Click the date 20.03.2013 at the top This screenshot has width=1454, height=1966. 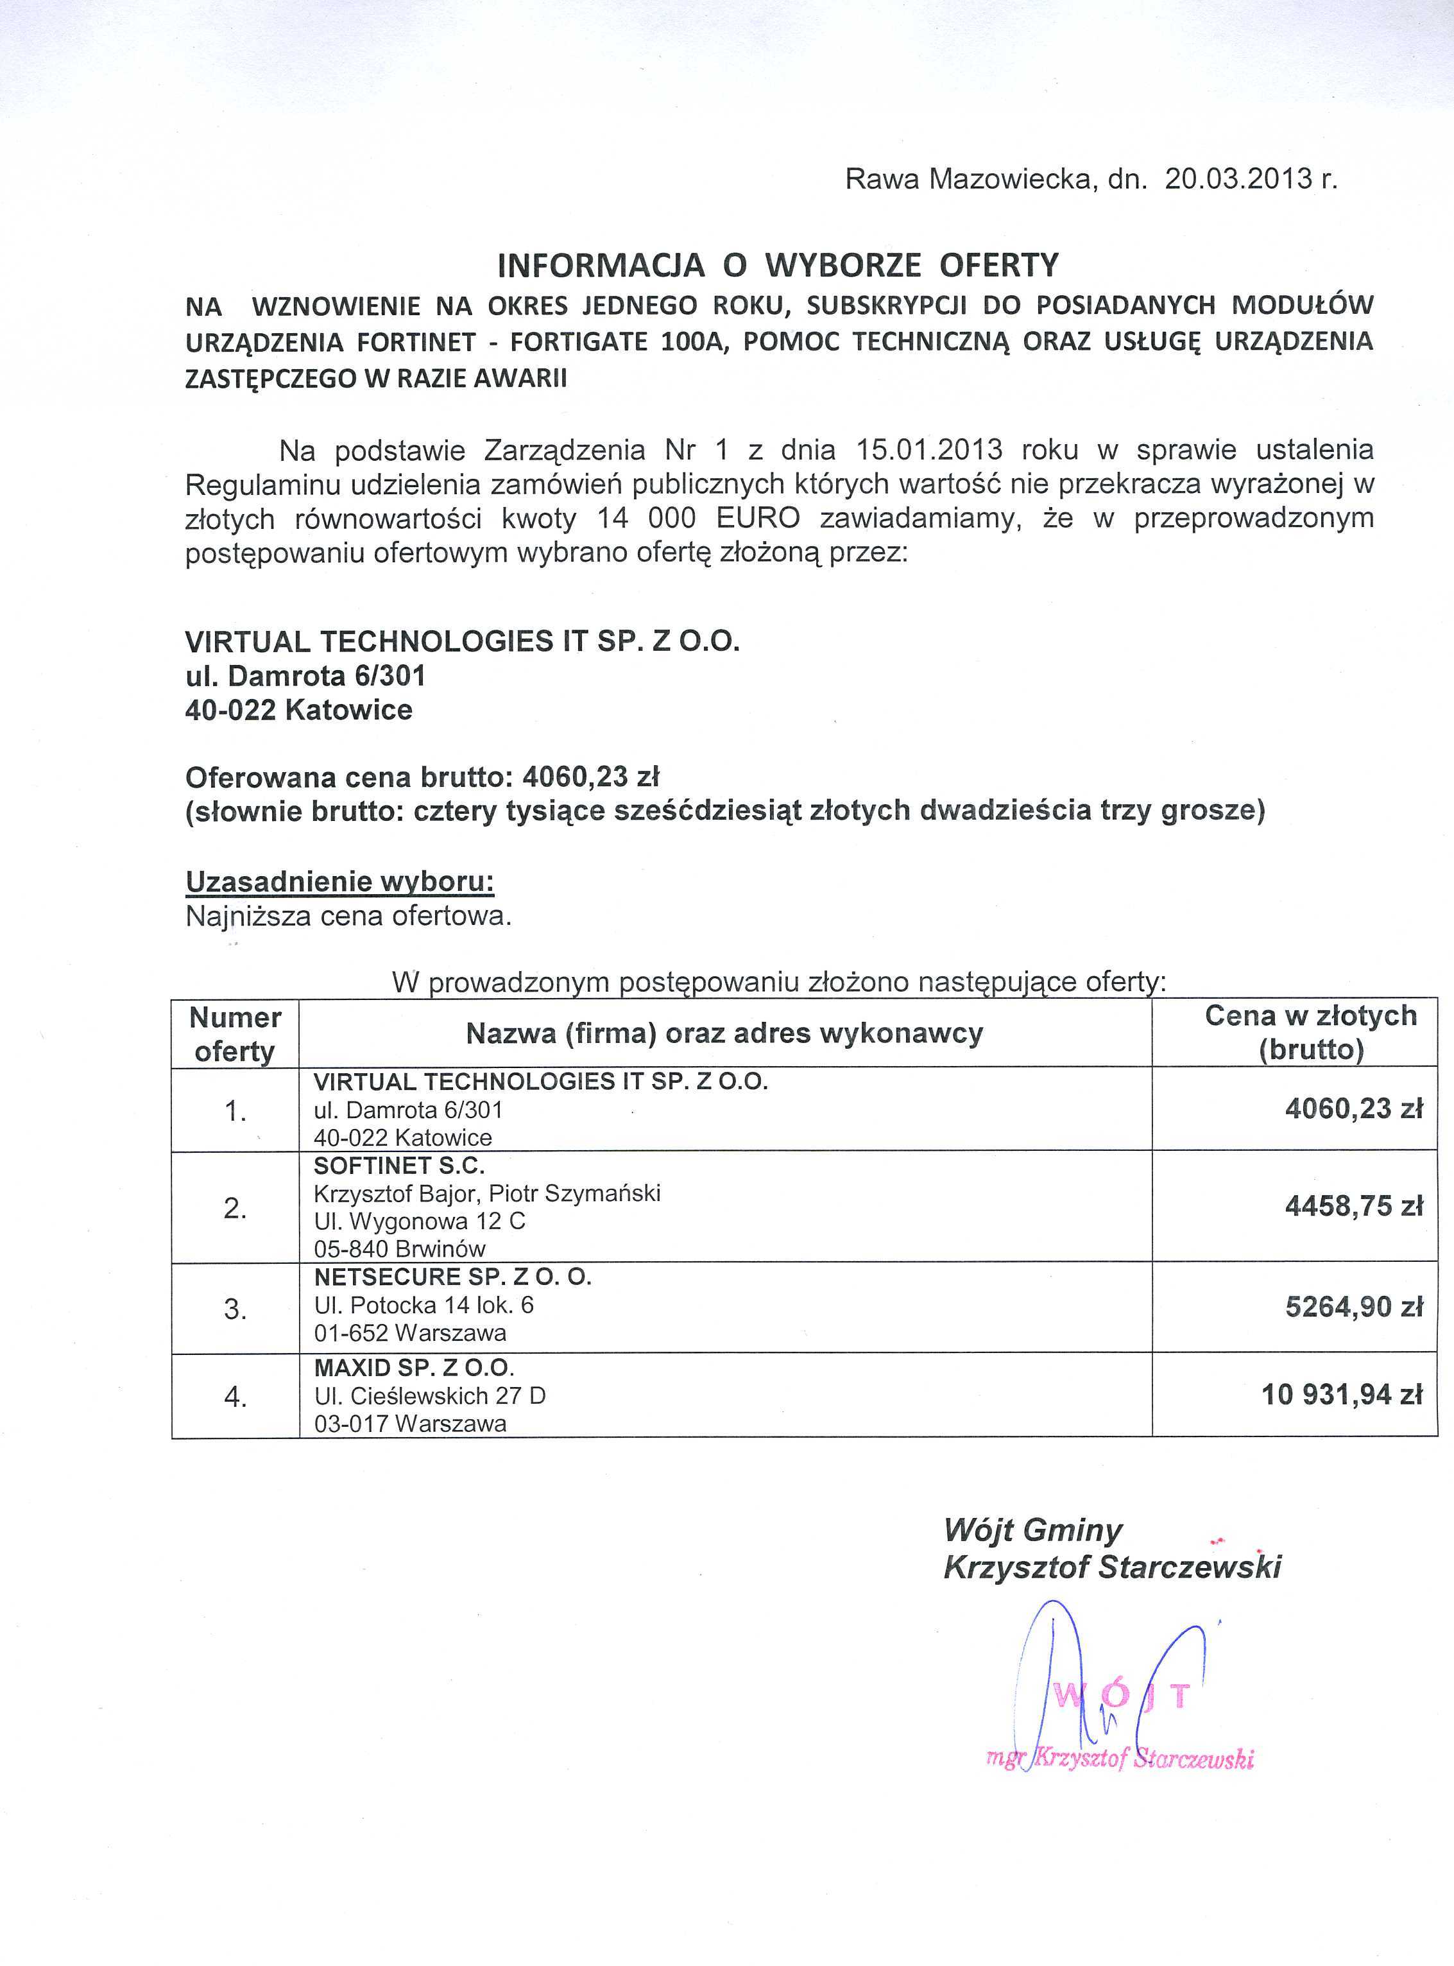click(1238, 180)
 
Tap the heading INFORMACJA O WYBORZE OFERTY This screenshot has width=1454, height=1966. click(778, 265)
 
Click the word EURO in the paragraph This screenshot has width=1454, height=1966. click(758, 519)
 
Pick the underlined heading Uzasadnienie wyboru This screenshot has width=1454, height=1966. click(339, 881)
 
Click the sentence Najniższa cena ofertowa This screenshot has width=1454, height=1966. click(348, 917)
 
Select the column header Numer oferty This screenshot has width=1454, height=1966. click(235, 1033)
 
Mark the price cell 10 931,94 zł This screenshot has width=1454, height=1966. click(1341, 1395)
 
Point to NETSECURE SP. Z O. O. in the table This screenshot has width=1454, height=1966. click(452, 1277)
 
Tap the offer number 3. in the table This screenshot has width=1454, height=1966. click(235, 1309)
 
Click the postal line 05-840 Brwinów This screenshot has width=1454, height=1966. click(400, 1248)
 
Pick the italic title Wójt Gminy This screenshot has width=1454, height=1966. click(1032, 1530)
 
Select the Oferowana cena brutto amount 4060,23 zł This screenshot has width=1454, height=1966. click(590, 777)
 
